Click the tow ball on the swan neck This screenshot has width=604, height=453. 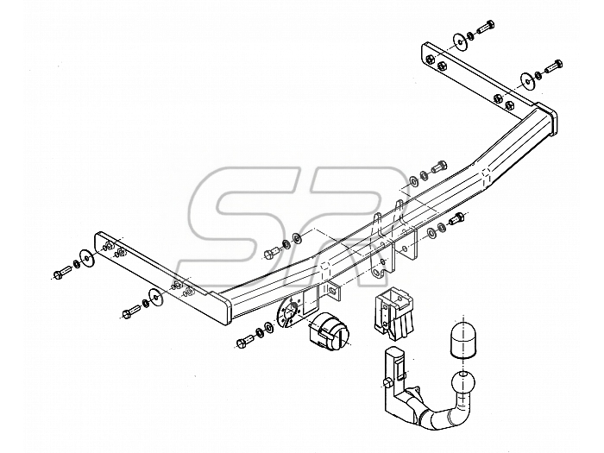[x=463, y=381]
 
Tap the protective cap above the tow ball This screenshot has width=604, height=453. [x=462, y=341]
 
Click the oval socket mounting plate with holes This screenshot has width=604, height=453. [x=289, y=313]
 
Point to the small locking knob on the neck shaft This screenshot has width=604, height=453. [x=388, y=382]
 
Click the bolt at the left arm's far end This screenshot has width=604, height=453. [x=61, y=273]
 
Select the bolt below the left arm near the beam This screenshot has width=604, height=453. [x=132, y=311]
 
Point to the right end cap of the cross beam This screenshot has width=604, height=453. [x=548, y=118]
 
